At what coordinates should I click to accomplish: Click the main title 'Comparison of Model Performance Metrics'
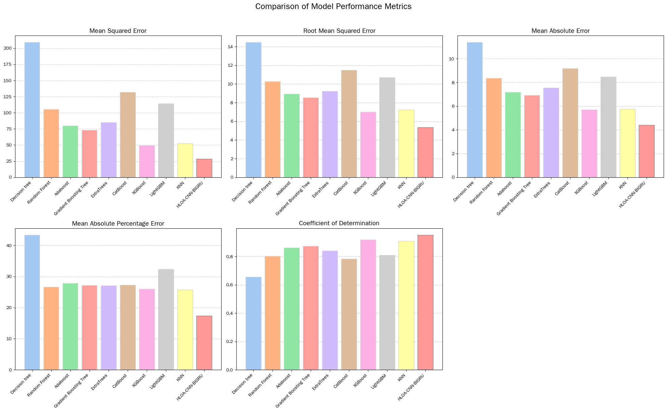coord(333,7)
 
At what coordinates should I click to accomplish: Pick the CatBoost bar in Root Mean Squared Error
coord(349,124)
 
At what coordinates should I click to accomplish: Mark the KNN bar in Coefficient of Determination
coord(406,305)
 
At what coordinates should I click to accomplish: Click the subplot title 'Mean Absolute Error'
coord(560,31)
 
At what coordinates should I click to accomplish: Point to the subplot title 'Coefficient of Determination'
coord(339,223)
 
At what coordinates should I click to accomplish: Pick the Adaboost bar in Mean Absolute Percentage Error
coord(70,327)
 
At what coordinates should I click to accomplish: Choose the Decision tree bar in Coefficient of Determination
coord(253,323)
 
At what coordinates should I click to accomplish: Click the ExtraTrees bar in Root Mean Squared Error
coord(330,134)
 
